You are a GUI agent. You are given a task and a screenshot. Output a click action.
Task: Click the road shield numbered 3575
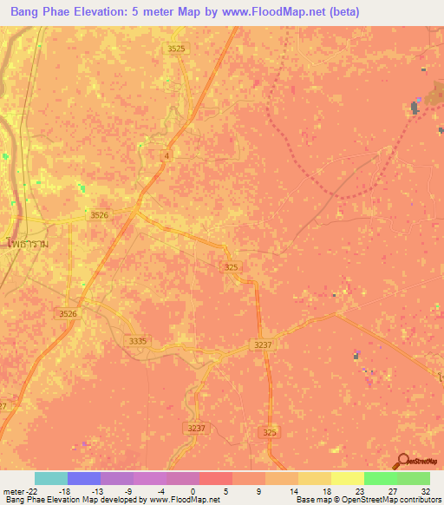click(177, 49)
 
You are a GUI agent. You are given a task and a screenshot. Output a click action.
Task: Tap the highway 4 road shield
click(166, 155)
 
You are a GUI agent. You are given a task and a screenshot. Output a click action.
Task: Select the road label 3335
click(137, 341)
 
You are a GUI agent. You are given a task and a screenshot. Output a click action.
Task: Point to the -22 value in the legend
click(29, 490)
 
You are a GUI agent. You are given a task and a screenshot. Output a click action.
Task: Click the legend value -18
click(63, 490)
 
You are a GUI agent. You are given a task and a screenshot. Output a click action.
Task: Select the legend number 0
click(193, 490)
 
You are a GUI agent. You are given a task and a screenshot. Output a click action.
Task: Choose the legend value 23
click(359, 490)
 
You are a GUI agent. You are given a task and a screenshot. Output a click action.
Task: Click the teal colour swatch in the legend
click(51, 478)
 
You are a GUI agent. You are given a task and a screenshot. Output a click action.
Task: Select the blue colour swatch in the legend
click(84, 478)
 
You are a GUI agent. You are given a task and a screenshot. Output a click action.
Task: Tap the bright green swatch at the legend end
click(414, 478)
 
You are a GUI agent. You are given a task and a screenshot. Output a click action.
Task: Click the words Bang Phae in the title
click(34, 11)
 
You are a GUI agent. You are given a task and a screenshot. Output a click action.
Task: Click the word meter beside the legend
click(11, 490)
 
